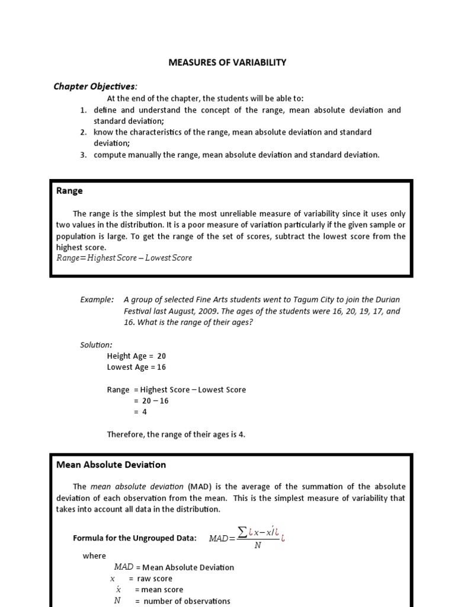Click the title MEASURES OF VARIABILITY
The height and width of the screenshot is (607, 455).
(x=227, y=62)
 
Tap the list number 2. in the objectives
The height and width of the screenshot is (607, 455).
(x=84, y=132)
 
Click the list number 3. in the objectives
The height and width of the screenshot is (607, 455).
(x=84, y=155)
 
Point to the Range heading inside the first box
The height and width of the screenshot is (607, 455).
(x=69, y=191)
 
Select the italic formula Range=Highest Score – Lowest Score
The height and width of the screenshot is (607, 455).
(x=124, y=258)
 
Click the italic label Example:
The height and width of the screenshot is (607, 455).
(x=97, y=300)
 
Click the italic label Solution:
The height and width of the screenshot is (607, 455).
(x=96, y=344)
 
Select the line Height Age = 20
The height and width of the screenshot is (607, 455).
(x=136, y=356)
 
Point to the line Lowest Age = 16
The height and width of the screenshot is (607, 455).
(x=136, y=367)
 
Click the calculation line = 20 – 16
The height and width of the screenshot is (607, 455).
(x=151, y=401)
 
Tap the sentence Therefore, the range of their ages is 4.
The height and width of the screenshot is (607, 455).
(x=176, y=435)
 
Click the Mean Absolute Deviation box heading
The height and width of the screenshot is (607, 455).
(x=111, y=465)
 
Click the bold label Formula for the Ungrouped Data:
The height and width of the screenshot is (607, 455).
(x=134, y=538)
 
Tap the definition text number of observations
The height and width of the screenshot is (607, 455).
(x=186, y=601)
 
